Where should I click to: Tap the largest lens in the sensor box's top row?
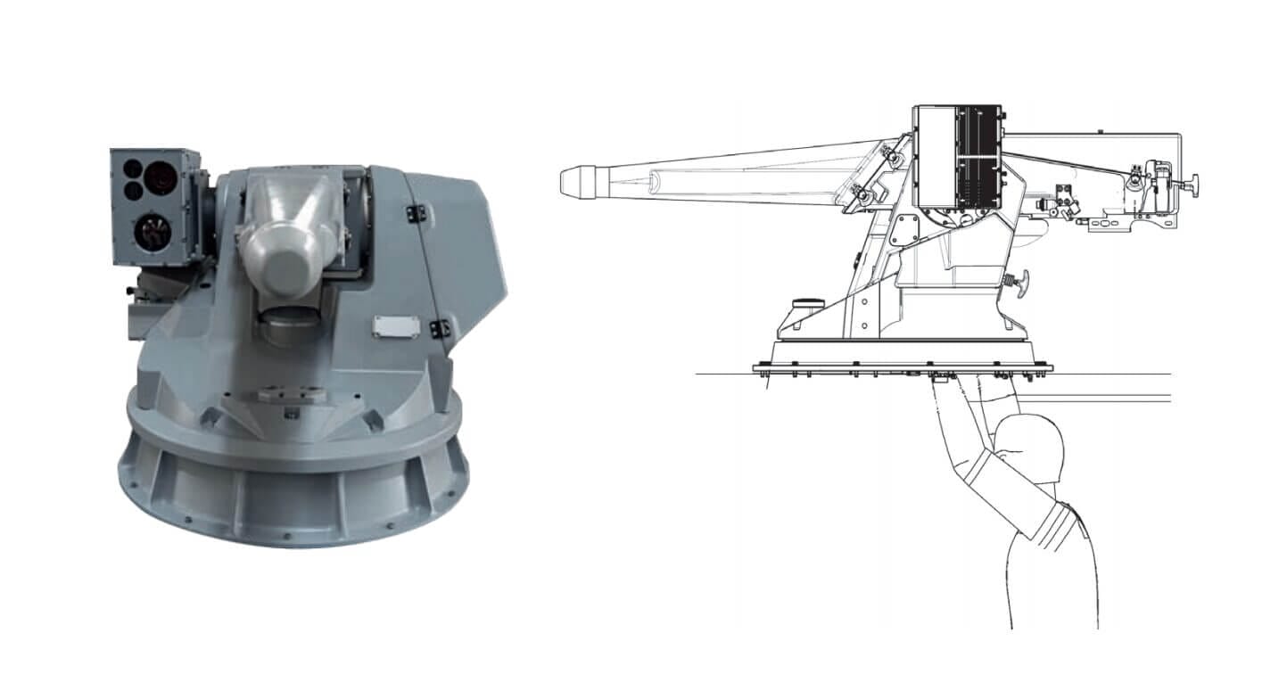(162, 176)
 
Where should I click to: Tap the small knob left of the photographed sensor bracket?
(130, 292)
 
